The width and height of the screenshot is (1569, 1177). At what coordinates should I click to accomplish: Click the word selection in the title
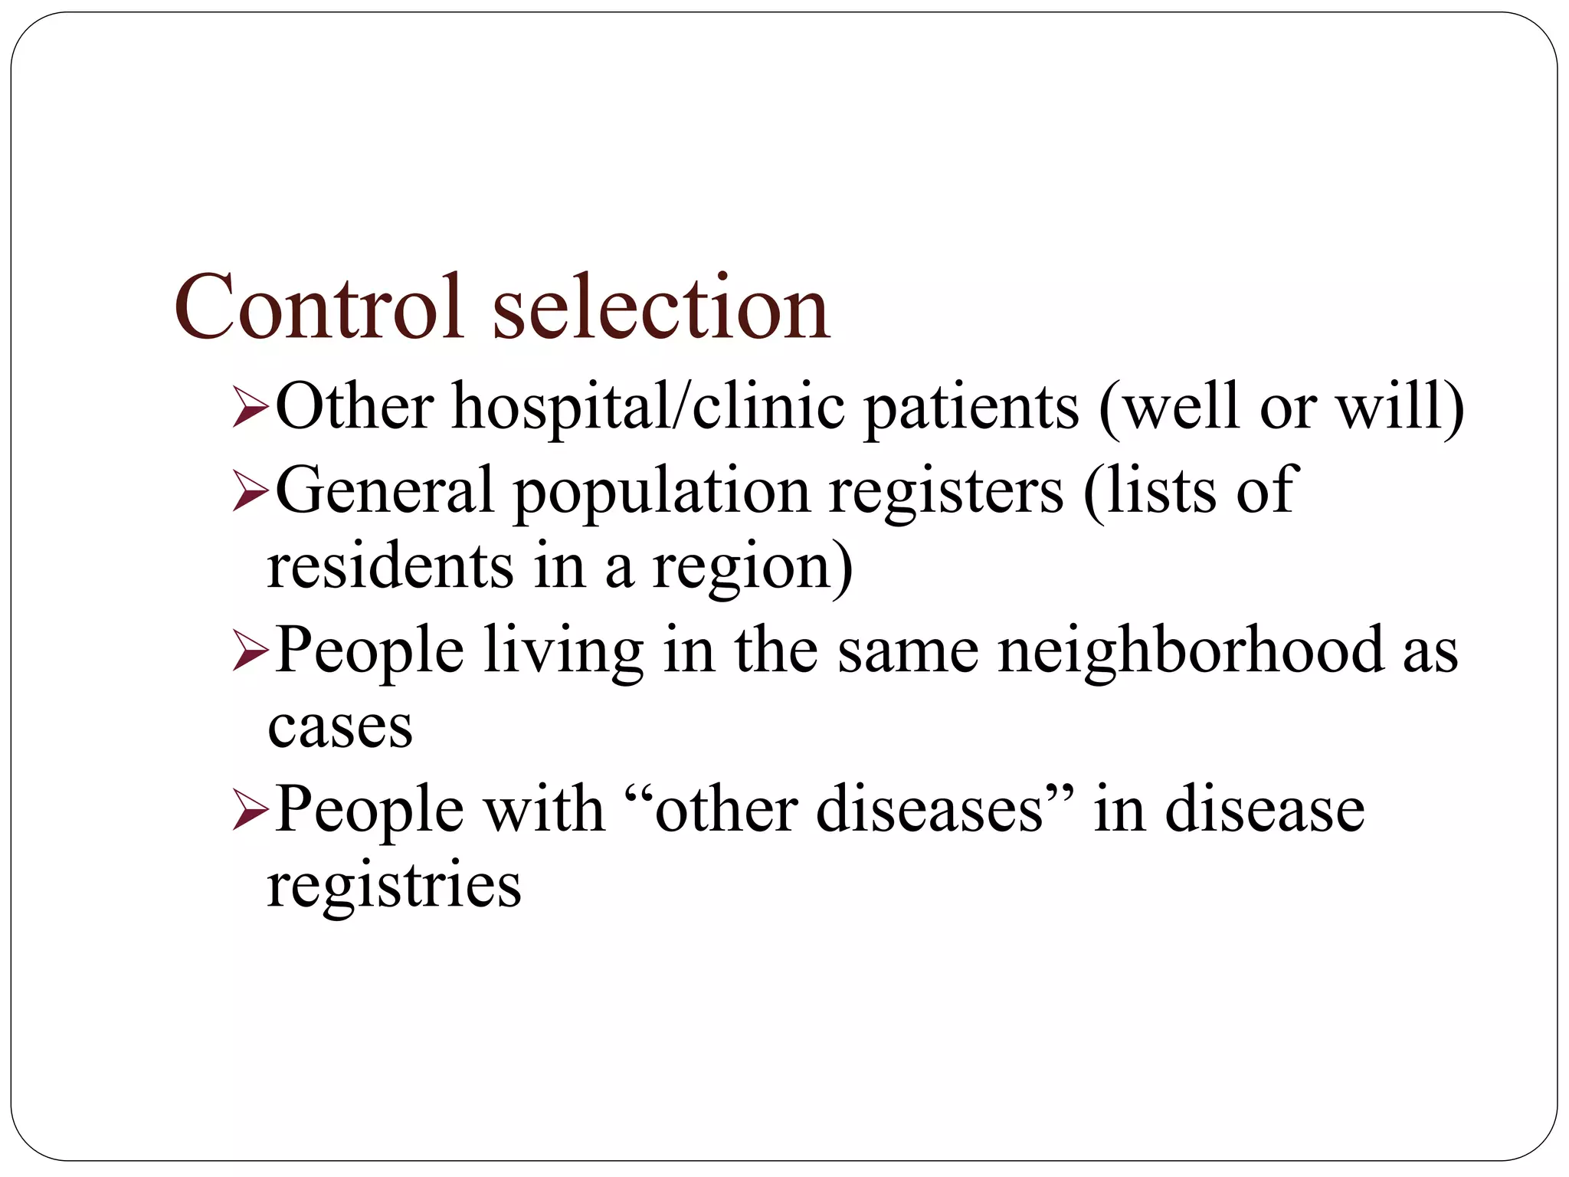pos(660,307)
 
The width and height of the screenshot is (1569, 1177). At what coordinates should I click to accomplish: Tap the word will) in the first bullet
pos(1401,406)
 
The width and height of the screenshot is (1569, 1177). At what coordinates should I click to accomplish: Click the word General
pos(384,490)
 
